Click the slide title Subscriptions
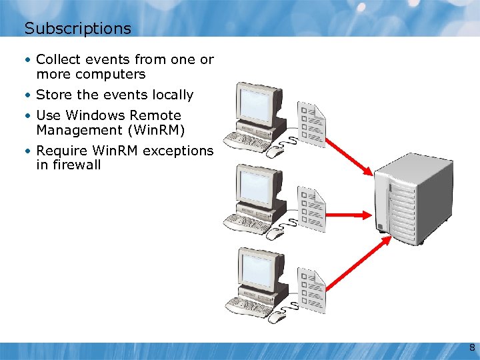(77, 29)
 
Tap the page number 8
(471, 348)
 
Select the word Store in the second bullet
(53, 95)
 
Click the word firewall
(69, 165)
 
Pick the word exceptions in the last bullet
(178, 151)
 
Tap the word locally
(172, 95)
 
